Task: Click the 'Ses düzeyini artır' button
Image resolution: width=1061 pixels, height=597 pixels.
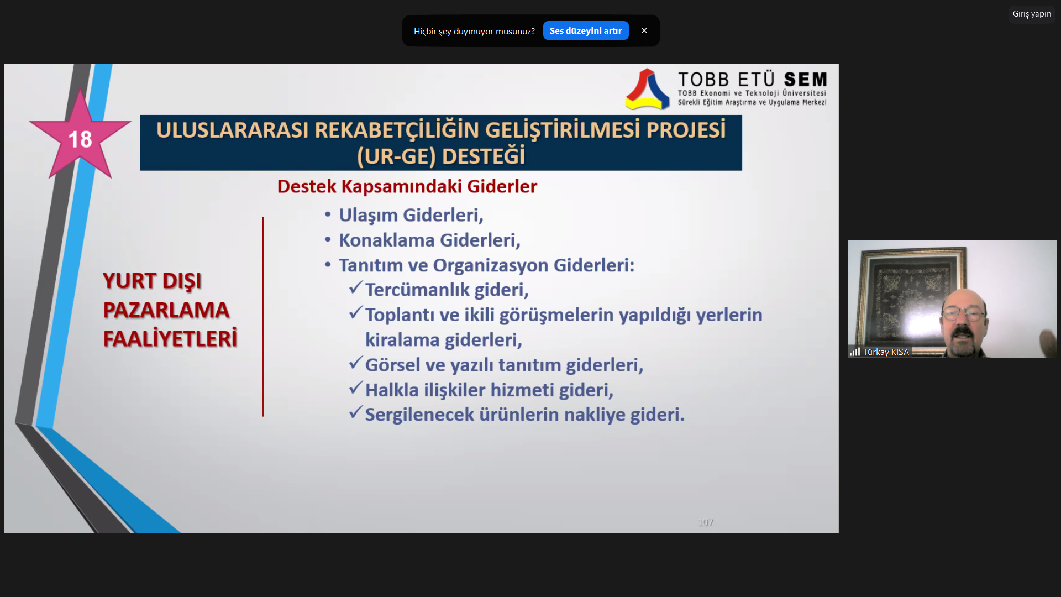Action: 586,31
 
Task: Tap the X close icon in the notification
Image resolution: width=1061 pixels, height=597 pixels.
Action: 644,31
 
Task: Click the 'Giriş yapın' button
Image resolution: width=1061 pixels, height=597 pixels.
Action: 1032,14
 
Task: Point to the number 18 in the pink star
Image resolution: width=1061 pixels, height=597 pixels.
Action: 80,139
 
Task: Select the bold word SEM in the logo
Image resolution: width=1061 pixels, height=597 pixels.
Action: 805,80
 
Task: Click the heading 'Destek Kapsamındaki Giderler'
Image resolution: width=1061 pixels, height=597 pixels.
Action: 407,186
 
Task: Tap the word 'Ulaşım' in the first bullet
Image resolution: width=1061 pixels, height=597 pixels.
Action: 368,216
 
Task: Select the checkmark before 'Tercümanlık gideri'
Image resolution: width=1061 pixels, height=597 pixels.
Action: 356,287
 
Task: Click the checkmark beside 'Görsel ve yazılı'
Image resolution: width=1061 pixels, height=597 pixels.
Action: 356,363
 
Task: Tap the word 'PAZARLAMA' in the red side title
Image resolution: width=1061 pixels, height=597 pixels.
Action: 166,310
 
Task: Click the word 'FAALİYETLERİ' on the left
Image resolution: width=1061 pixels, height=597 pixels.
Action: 170,339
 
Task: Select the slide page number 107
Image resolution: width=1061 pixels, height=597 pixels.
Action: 706,522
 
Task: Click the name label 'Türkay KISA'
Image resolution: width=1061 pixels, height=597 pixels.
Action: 886,352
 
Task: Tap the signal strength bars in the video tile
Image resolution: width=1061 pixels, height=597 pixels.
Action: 855,352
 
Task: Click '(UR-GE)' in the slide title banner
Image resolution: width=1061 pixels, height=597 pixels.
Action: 396,157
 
